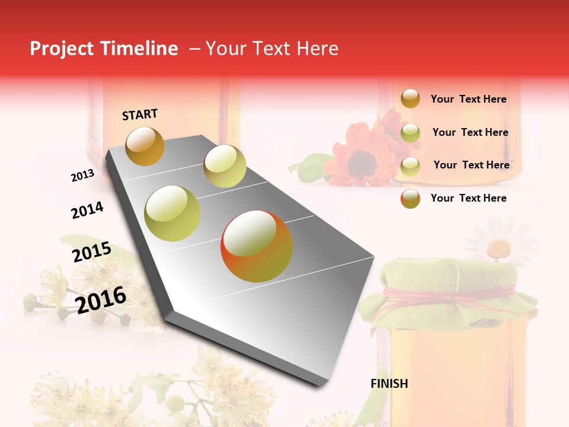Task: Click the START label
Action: tap(140, 114)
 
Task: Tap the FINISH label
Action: tap(389, 384)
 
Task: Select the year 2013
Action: tap(82, 176)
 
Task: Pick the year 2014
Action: tap(87, 210)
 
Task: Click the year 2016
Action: tap(101, 299)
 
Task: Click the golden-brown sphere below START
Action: tap(145, 146)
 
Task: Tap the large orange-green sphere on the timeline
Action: tap(257, 246)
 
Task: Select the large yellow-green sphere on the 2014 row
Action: tap(172, 213)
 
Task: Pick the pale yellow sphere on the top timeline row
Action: tap(225, 166)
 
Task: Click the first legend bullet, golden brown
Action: tap(410, 98)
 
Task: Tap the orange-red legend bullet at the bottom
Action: tap(410, 199)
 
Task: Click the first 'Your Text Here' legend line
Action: tap(468, 99)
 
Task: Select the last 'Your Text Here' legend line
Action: tap(468, 198)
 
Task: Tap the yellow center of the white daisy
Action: tap(499, 248)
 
